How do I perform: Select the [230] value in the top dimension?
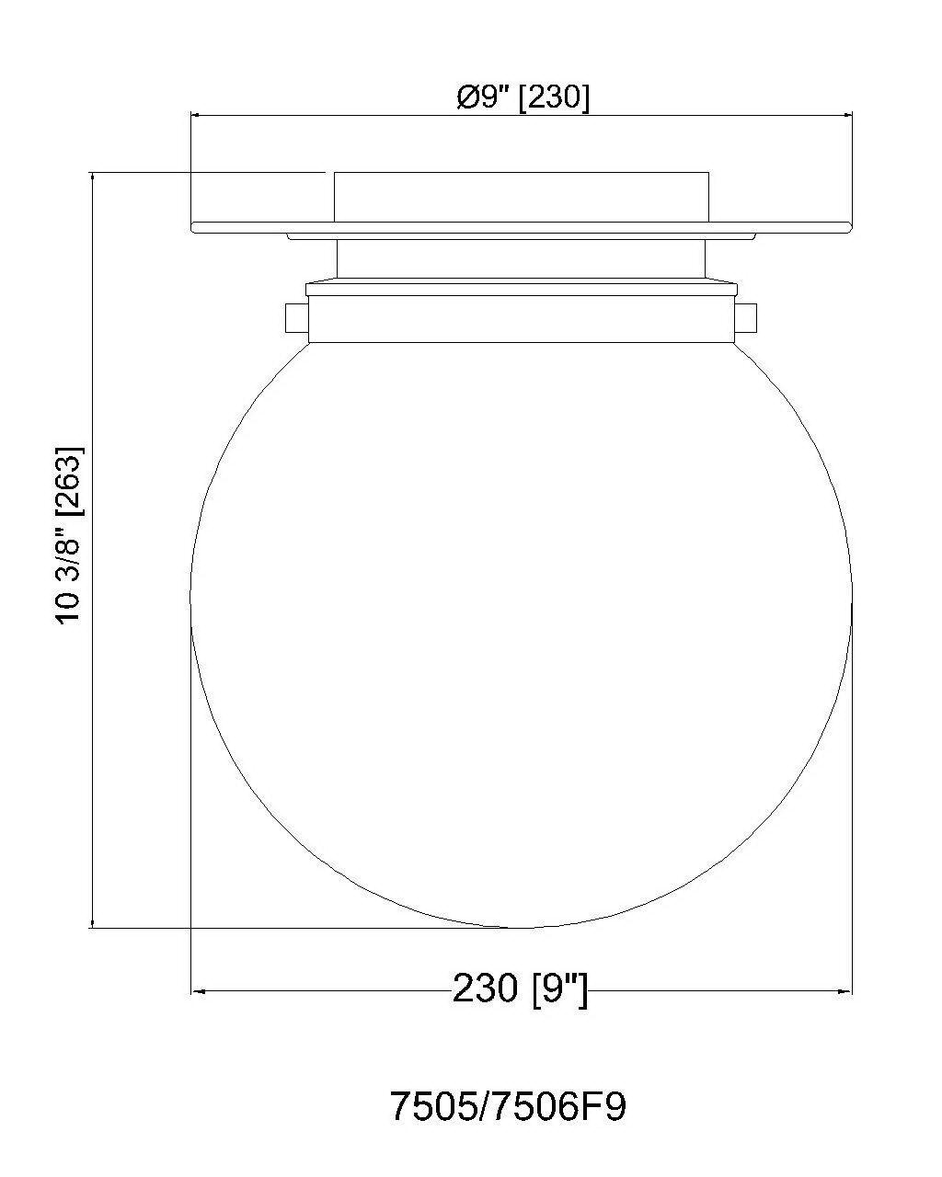(554, 99)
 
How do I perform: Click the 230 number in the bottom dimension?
(485, 988)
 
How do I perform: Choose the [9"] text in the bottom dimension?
(559, 988)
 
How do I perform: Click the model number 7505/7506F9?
(509, 1106)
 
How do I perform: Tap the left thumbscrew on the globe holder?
(296, 318)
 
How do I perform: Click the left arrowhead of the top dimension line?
(196, 116)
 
